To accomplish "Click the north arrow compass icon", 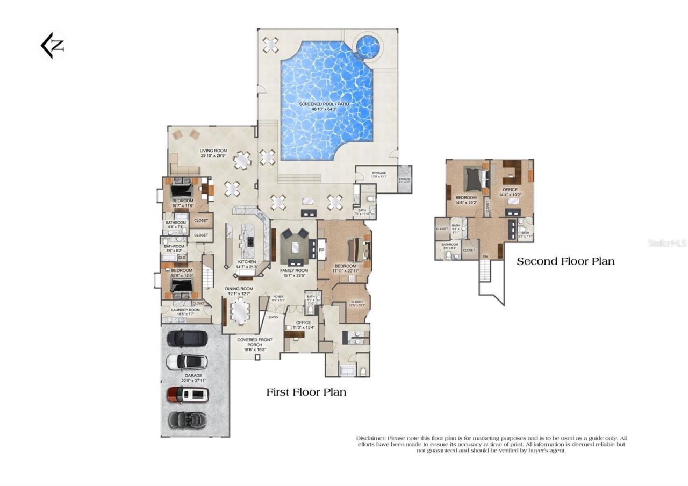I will (52, 46).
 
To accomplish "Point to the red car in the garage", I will (188, 395).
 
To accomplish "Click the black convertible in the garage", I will (187, 419).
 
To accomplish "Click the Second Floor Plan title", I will (565, 262).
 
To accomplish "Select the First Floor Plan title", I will (306, 392).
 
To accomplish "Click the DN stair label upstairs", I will (485, 256).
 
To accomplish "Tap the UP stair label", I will (207, 288).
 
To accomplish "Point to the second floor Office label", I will (510, 190).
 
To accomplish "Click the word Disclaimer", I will (370, 438).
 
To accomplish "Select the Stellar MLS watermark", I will (666, 243).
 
